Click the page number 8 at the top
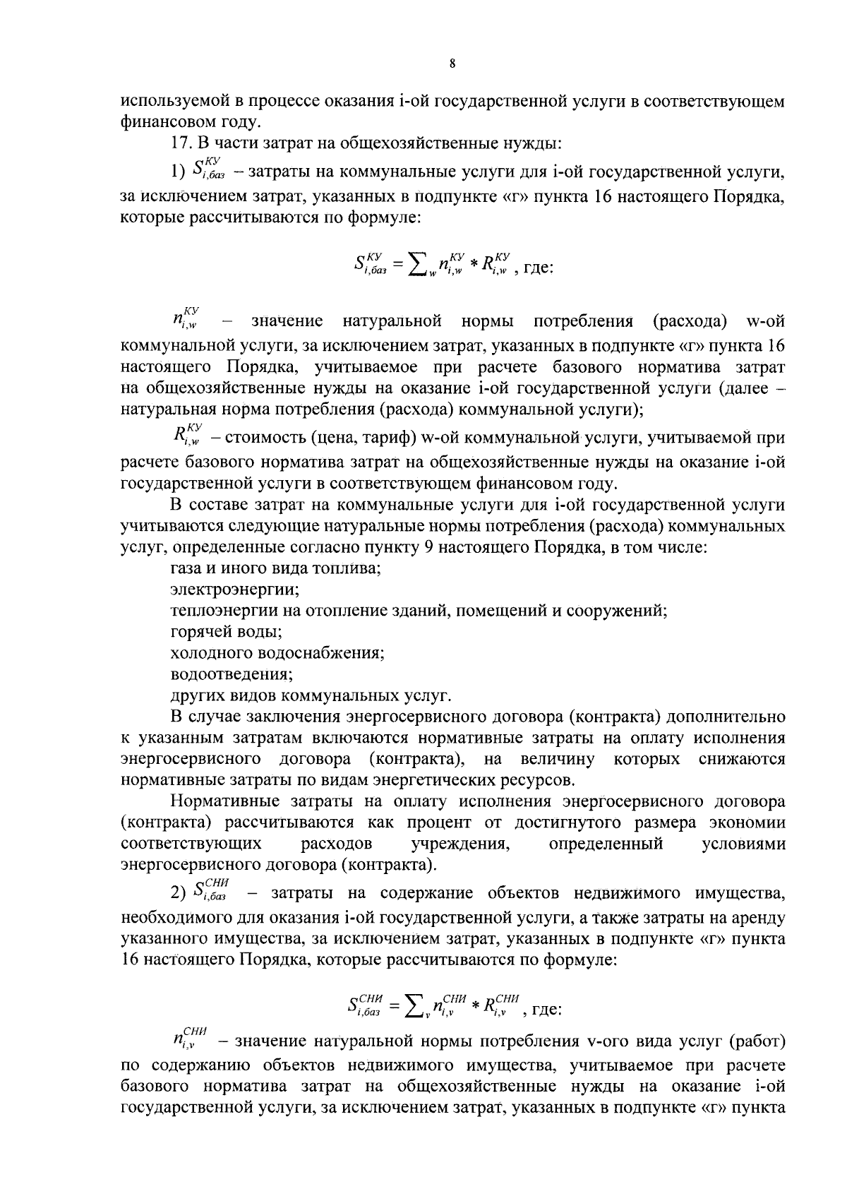tap(452, 64)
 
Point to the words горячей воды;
tap(226, 631)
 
